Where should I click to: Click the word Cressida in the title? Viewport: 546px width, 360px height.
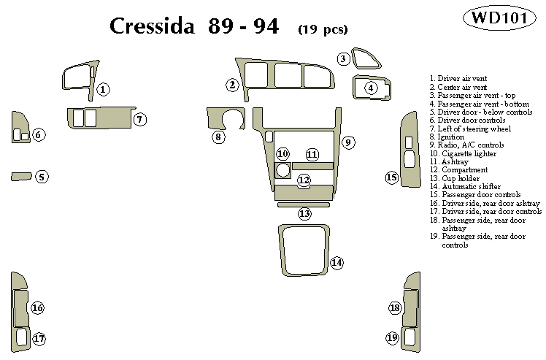[152, 27]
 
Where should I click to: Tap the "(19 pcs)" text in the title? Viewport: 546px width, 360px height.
[322, 30]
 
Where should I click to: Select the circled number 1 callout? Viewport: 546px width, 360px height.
[104, 89]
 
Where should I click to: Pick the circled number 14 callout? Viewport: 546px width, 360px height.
[337, 263]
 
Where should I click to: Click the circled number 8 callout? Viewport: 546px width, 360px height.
[218, 137]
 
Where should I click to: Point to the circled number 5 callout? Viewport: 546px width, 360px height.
[42, 177]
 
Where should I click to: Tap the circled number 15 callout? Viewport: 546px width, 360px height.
[392, 177]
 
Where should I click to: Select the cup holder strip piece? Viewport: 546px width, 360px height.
[303, 204]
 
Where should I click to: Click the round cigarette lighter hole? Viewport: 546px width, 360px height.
[282, 172]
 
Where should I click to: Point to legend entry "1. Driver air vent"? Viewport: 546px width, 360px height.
[458, 78]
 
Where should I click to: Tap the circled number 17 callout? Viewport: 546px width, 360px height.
[39, 338]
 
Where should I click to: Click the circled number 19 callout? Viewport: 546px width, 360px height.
[392, 337]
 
